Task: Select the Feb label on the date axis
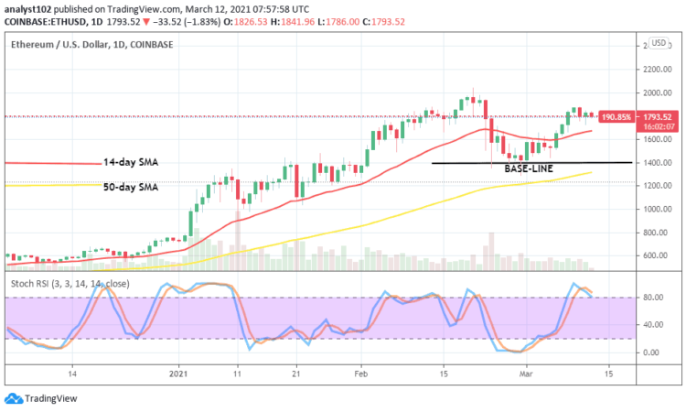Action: point(361,374)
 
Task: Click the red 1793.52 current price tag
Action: point(658,116)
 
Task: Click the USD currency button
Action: point(657,42)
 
